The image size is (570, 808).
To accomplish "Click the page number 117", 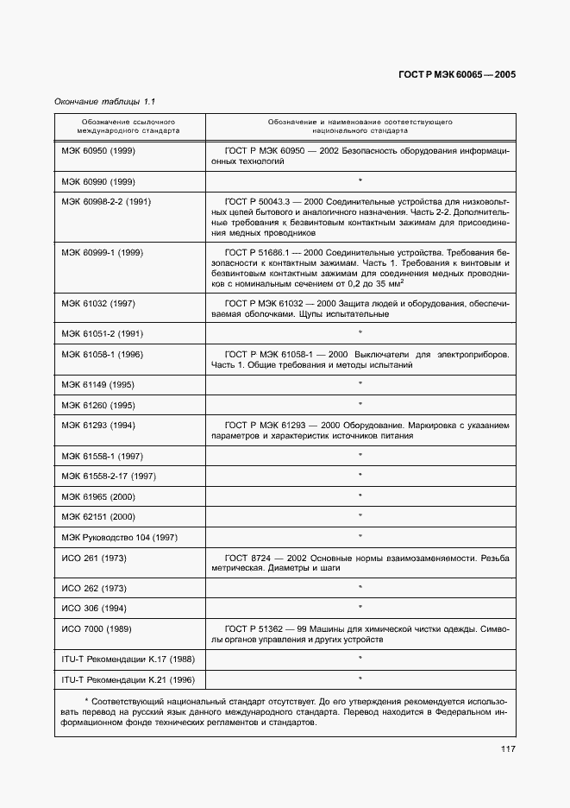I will point(507,748).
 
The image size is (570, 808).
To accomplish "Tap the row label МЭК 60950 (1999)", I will point(97,151).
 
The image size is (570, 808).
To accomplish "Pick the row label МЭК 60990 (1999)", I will point(97,181).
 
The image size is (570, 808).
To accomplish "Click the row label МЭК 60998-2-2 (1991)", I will point(105,202).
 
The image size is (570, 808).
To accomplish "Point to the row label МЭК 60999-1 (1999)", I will point(102,252).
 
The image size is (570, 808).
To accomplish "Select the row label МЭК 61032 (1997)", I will point(97,303).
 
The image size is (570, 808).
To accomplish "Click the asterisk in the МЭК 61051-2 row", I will point(360,333).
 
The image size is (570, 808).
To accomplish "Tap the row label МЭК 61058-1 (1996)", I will point(102,354).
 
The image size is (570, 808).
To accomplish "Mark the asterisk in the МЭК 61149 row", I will point(360,384).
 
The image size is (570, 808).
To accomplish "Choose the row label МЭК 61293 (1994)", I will point(97,425).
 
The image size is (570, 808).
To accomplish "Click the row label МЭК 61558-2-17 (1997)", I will point(108,476).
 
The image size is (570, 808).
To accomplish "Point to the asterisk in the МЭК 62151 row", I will point(360,516).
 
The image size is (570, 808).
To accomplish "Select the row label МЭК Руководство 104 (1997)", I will point(119,537).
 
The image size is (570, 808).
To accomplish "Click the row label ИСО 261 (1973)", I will point(93,558).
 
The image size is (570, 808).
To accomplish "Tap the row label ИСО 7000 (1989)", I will point(95,628).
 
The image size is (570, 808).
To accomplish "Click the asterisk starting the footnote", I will point(86,700).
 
